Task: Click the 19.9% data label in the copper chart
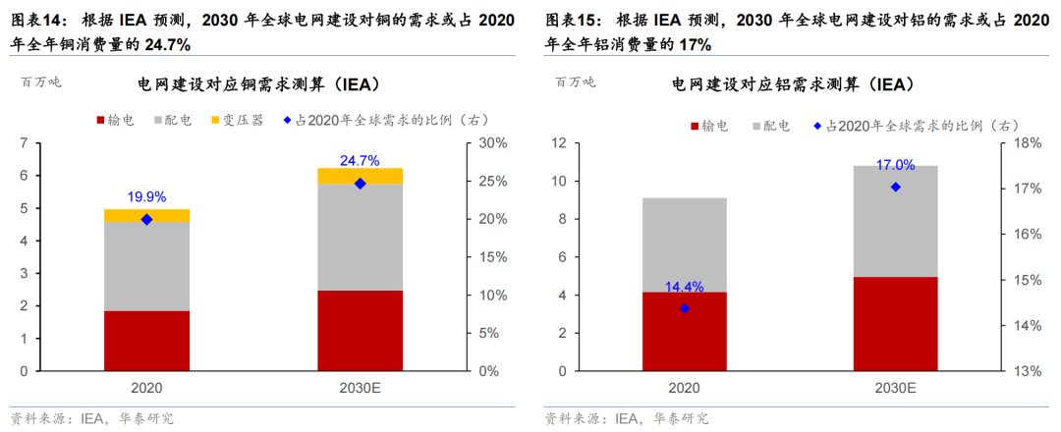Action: pos(146,196)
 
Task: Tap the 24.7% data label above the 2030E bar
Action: pos(360,160)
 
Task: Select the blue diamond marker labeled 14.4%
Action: pos(685,308)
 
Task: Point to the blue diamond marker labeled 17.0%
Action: pos(895,187)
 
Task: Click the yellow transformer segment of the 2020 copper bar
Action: pos(146,215)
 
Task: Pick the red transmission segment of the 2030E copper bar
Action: pos(360,331)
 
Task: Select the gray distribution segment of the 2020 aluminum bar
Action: pos(685,244)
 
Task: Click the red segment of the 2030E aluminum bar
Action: pos(895,324)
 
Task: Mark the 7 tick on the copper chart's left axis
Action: pos(23,143)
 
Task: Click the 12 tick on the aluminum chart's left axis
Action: pos(560,143)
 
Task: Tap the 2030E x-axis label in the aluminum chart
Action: pos(895,389)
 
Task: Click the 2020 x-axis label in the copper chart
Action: pos(146,389)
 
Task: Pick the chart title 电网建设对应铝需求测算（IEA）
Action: pos(793,84)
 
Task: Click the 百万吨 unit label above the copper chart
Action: pos(40,82)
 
